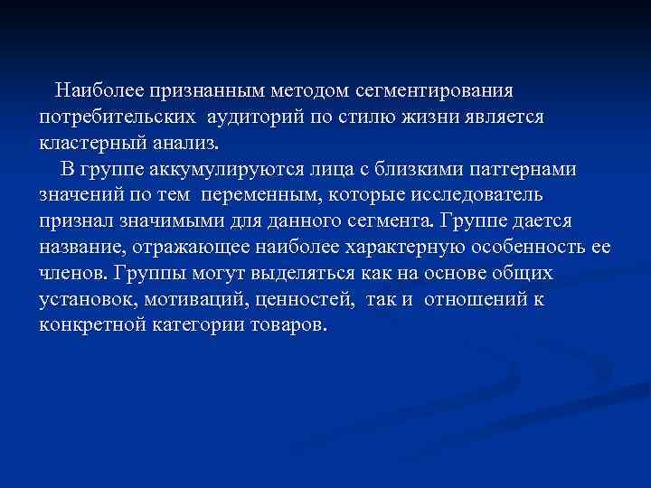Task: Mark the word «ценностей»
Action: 301,300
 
